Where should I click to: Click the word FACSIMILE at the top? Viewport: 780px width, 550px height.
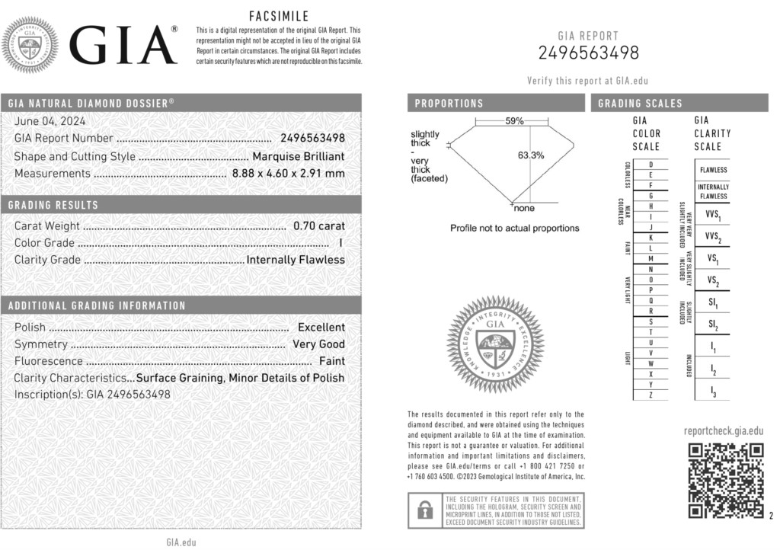tap(279, 16)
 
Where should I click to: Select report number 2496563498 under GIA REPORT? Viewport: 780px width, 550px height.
tap(588, 53)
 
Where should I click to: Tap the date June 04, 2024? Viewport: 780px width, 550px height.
tap(50, 120)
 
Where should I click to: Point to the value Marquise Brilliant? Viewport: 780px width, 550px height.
tap(298, 156)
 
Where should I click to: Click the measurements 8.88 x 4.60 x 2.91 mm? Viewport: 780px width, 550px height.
tap(288, 173)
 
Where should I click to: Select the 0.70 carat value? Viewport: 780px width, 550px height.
tap(318, 225)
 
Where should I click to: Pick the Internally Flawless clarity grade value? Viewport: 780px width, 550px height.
tap(296, 259)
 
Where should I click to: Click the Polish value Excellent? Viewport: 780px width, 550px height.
tap(321, 327)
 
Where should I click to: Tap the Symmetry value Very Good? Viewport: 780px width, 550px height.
tap(318, 344)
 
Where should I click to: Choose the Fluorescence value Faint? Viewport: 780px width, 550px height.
tap(331, 360)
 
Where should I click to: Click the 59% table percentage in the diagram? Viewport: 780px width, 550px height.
tap(514, 121)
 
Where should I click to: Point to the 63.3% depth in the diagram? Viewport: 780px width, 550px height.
tap(531, 155)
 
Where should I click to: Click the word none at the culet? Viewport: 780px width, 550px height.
tap(524, 208)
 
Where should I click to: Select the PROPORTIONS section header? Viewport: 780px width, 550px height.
tap(449, 104)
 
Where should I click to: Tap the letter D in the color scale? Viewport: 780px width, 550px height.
tap(650, 164)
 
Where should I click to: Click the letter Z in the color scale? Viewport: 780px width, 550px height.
tap(650, 395)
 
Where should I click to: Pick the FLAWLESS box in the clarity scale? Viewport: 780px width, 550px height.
tap(713, 170)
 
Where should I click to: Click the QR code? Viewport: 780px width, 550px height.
tap(725, 481)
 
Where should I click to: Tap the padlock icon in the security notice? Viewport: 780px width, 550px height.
tap(421, 510)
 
